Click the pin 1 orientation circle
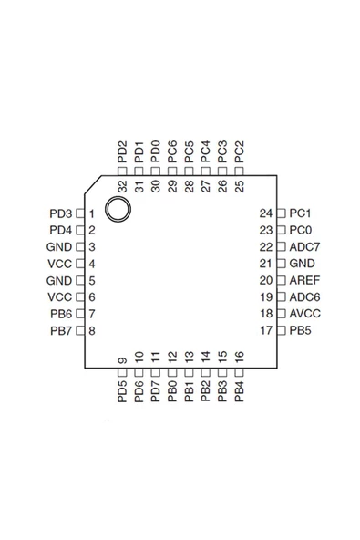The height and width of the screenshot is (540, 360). pos(117,209)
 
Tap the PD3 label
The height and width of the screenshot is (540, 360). pos(60,213)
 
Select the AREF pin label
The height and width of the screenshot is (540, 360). pos(303,280)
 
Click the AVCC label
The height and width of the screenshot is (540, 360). pos(304,314)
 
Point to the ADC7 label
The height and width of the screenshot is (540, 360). pos(304,247)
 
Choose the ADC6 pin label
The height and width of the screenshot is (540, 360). pos(304,297)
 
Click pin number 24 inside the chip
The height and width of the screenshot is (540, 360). pos(266,213)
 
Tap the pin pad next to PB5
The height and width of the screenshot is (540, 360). pos(281,330)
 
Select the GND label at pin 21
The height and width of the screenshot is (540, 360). pos(302,264)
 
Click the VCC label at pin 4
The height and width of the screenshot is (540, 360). pos(58,264)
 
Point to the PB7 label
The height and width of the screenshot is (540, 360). pos(60,330)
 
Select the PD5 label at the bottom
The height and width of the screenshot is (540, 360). pos(123,392)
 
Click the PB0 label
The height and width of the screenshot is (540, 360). pos(172,392)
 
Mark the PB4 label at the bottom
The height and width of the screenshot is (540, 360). pos(239,392)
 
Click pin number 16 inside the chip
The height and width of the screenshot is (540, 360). pos(239,358)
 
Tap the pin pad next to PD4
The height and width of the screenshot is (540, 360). pos(79,230)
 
